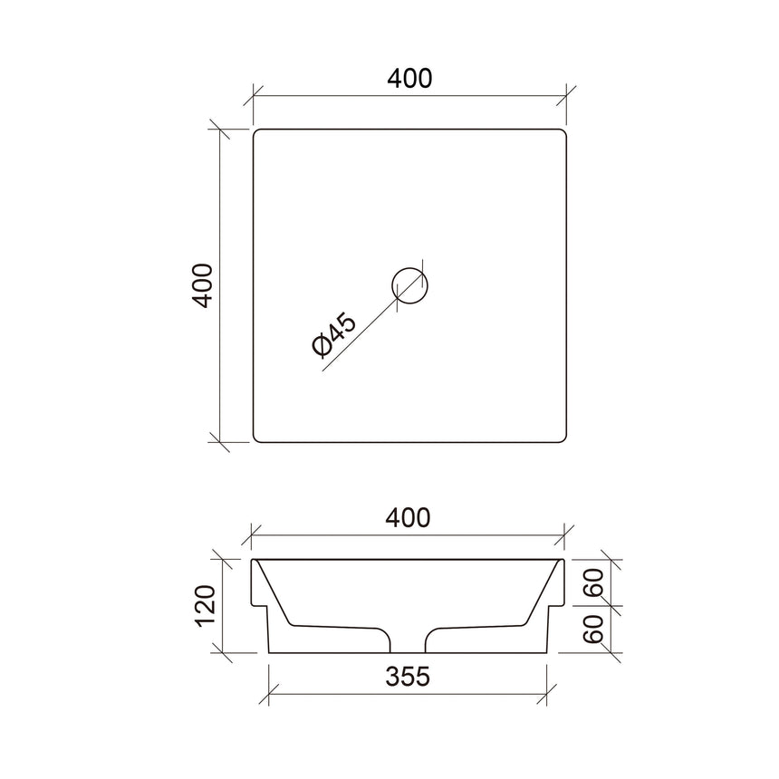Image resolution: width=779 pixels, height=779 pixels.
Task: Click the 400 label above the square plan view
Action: pyautogui.click(x=409, y=79)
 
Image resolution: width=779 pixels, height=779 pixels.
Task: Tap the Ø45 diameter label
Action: pyautogui.click(x=333, y=335)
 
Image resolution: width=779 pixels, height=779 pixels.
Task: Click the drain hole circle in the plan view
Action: pyautogui.click(x=410, y=285)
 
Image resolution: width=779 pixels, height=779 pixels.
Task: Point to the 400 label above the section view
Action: pyautogui.click(x=408, y=518)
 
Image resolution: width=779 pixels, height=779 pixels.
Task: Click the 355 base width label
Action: pyautogui.click(x=408, y=675)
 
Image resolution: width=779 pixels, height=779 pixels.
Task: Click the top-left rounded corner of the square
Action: pyautogui.click(x=257, y=134)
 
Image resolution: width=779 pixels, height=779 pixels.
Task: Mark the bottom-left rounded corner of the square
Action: pyautogui.click(x=257, y=438)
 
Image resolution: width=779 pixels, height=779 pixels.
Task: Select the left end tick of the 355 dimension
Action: pyautogui.click(x=271, y=693)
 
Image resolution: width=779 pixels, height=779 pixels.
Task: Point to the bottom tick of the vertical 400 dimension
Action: pyautogui.click(x=220, y=442)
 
